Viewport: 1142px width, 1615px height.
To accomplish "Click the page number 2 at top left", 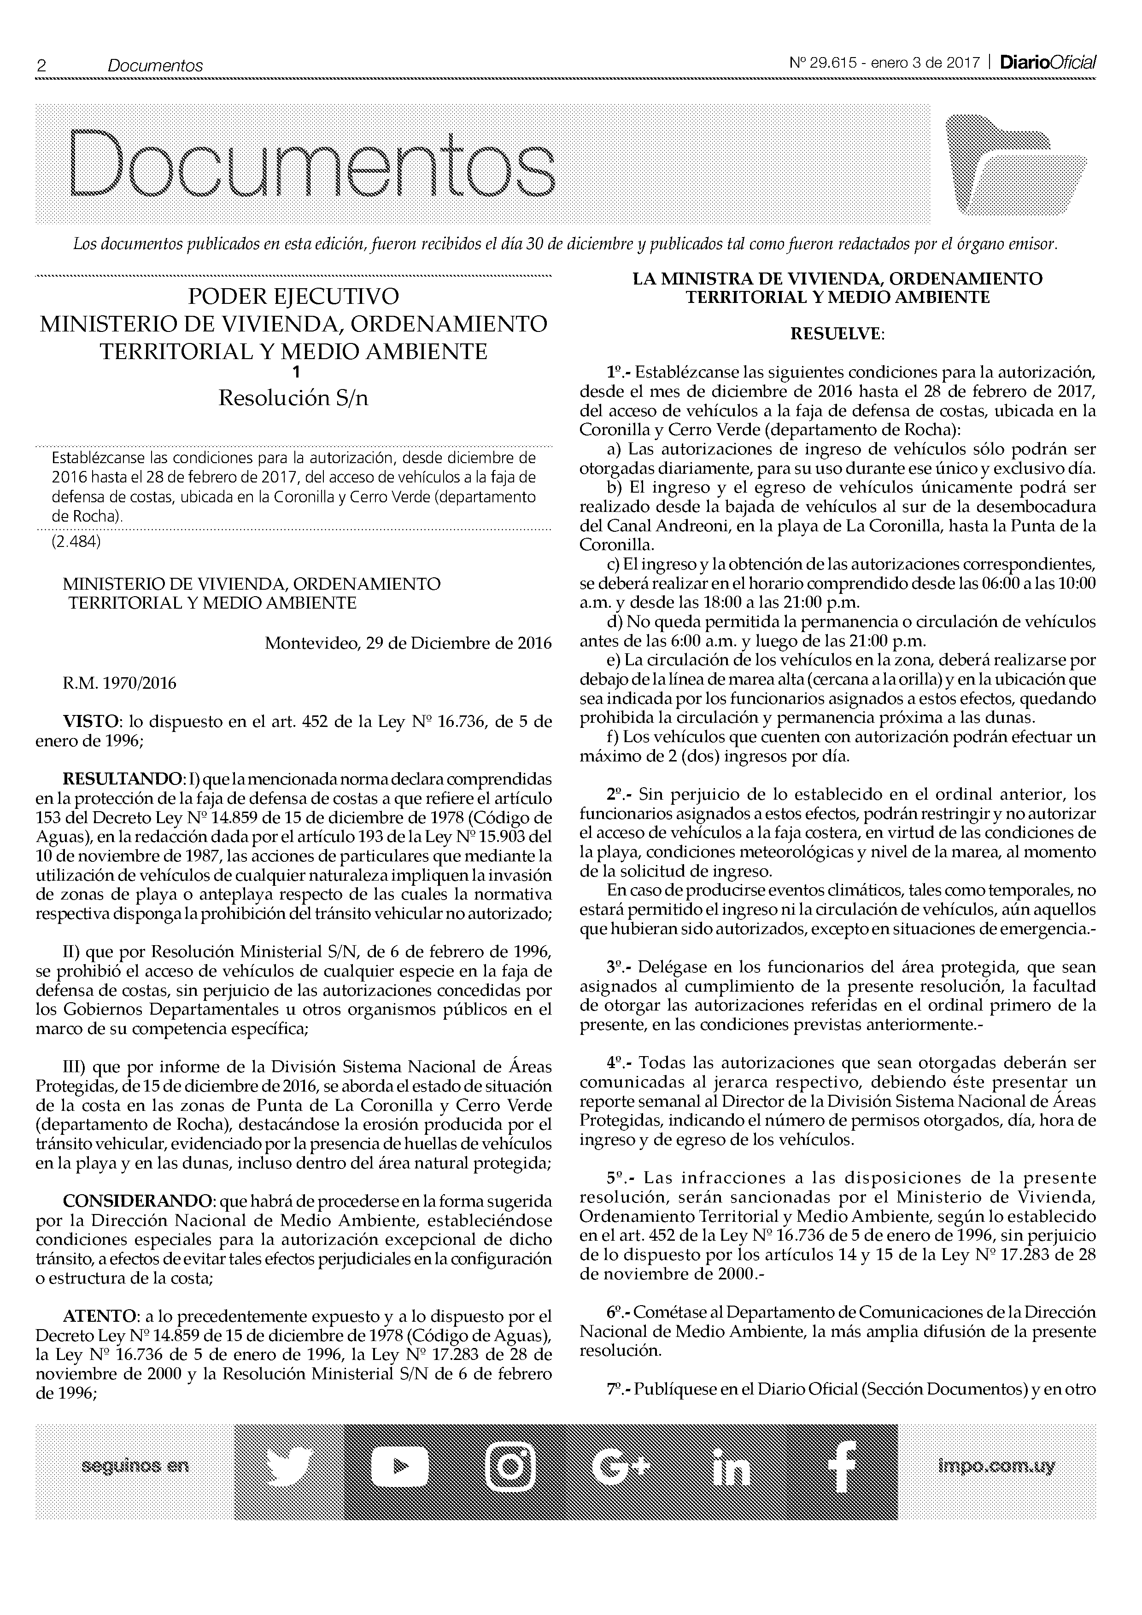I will (41, 65).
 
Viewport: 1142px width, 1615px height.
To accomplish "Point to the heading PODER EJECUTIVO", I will (293, 296).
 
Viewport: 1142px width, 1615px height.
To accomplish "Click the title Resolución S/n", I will (293, 398).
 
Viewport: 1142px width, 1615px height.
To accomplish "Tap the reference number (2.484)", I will (76, 542).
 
